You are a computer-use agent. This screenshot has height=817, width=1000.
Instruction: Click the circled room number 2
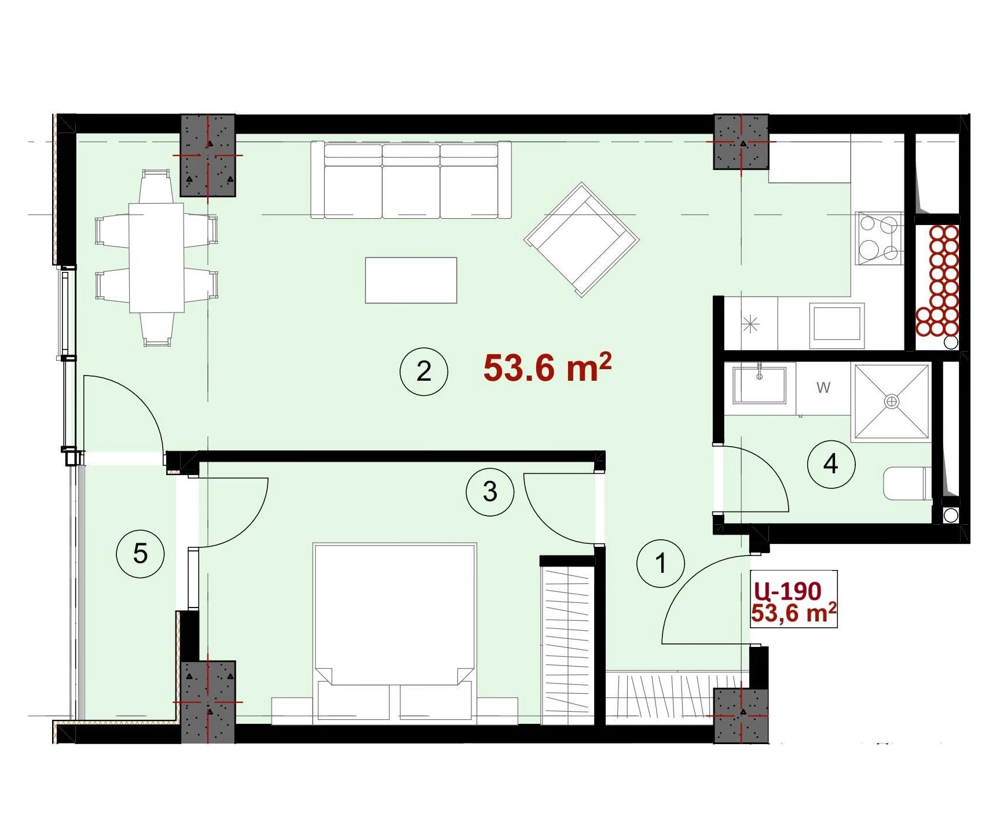click(424, 371)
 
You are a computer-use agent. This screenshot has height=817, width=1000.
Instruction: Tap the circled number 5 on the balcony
click(140, 554)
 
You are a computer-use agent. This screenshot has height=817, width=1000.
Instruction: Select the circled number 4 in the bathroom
click(831, 463)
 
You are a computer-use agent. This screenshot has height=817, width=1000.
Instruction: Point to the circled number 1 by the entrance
click(661, 562)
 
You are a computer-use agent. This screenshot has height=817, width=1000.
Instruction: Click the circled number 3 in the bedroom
click(490, 492)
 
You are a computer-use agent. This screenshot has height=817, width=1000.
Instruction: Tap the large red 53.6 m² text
click(547, 368)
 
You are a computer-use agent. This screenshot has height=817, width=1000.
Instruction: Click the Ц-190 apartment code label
click(787, 591)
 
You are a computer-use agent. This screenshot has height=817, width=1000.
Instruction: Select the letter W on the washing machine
click(823, 388)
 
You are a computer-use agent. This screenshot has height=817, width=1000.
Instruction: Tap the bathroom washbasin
click(759, 384)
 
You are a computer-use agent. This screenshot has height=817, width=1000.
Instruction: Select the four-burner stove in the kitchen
click(879, 238)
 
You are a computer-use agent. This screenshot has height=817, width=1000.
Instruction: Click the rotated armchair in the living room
click(581, 240)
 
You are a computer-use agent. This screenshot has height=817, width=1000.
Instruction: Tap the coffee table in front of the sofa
click(411, 281)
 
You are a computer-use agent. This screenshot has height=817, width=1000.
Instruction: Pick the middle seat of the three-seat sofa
click(411, 181)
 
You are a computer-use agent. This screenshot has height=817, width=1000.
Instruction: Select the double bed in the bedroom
click(394, 634)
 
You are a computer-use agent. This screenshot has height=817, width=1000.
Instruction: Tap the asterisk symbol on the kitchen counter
click(750, 325)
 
